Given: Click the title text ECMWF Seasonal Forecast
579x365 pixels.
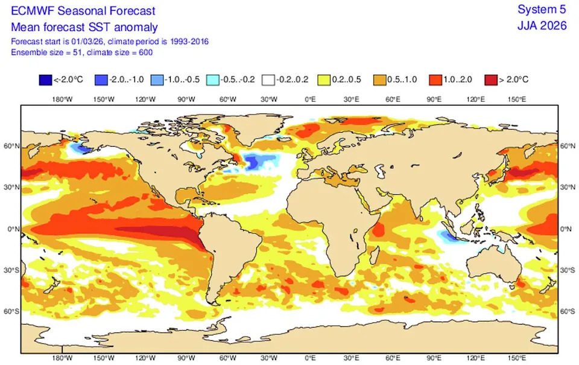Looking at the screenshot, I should coord(83,11).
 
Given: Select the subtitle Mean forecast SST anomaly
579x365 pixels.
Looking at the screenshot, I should coord(84,27).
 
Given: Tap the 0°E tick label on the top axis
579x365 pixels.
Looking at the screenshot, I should coord(310,99).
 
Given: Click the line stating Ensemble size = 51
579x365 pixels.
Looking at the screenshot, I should coord(82,52).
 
